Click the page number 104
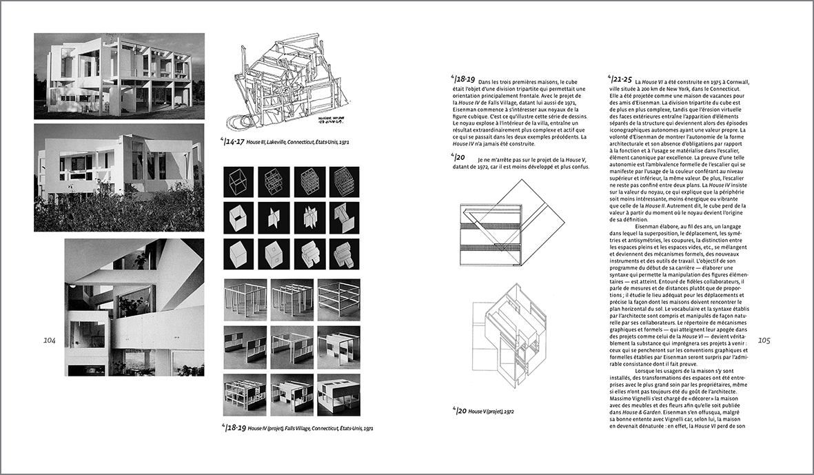[49, 341]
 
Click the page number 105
[764, 341]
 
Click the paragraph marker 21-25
[620, 80]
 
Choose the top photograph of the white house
[119, 76]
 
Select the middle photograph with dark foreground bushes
[119, 178]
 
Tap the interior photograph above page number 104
[134, 307]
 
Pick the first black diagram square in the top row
[239, 183]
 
